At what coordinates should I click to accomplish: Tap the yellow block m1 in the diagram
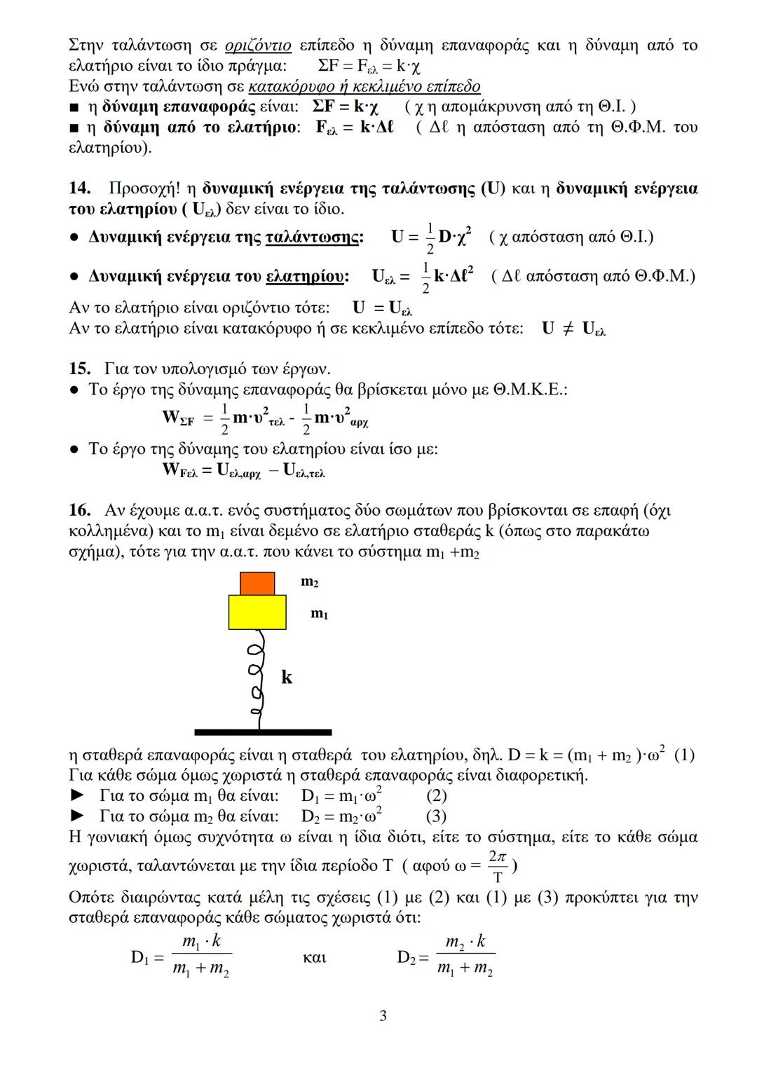257,612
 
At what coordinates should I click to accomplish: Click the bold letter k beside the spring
287,677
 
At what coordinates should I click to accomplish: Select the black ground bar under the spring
253,732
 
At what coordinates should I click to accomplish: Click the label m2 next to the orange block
310,582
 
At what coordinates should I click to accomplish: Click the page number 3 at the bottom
383,1015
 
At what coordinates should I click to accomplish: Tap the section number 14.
79,188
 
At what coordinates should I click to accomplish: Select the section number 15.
79,369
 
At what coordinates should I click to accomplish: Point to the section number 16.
79,509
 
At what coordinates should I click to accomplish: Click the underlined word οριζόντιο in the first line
258,46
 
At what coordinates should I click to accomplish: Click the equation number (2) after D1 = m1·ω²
436,796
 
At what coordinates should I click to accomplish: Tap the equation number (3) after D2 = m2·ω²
436,816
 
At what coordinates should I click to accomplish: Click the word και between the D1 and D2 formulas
315,957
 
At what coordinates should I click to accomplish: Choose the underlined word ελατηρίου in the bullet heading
306,277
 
